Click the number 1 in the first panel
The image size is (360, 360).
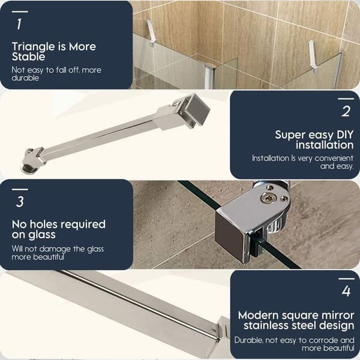coord(19,24)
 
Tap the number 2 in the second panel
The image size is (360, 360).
coord(346,112)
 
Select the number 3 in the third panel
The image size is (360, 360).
coord(20,202)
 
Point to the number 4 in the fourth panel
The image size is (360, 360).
coord(346,291)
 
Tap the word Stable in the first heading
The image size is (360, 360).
coord(28,56)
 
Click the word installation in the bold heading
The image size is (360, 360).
coord(325,145)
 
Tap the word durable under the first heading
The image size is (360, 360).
coord(25,78)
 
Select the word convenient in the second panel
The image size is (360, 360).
coord(334,158)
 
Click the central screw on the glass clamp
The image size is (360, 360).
coord(268,197)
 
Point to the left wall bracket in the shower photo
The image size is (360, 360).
coord(151,32)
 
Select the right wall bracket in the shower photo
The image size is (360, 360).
coord(313,56)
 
